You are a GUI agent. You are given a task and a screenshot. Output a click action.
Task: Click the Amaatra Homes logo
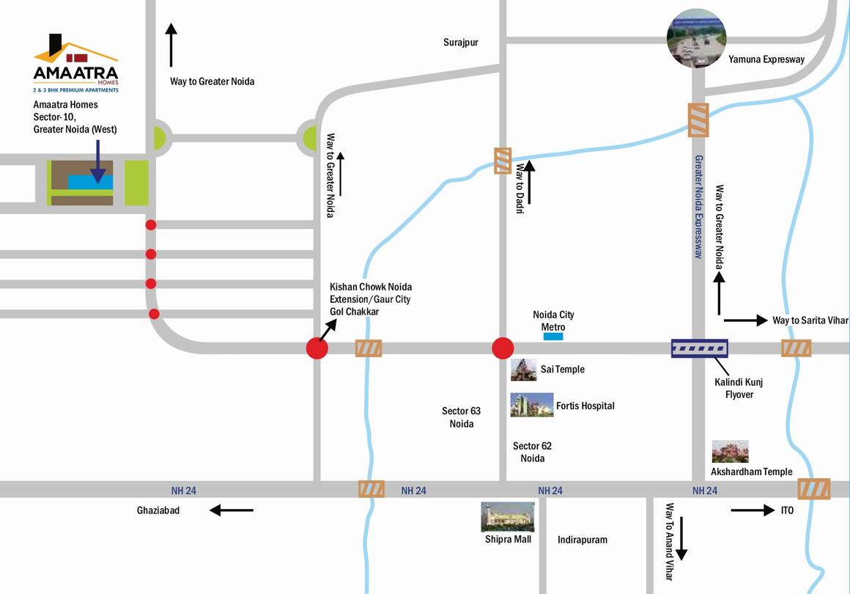point(75,63)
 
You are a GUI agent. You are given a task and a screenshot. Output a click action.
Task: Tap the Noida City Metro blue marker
point(553,337)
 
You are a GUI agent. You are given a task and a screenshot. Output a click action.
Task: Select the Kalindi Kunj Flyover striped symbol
point(700,348)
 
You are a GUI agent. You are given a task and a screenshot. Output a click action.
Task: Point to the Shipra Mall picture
point(507,517)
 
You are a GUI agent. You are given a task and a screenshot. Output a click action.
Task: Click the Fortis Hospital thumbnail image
point(531,405)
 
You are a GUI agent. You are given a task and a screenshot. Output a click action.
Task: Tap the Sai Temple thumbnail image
point(523,370)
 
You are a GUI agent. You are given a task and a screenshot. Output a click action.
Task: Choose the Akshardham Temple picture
point(730,452)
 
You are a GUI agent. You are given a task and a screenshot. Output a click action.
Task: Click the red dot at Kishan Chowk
point(317,349)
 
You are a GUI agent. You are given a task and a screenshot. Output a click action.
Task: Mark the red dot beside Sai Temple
point(502,348)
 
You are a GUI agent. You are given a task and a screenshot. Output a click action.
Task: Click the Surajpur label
point(460,43)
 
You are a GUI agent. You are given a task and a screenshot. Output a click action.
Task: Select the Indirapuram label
point(582,540)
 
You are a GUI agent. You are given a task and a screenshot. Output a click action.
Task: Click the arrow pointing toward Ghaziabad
point(232,510)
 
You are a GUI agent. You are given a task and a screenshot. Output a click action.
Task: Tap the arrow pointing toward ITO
point(753,510)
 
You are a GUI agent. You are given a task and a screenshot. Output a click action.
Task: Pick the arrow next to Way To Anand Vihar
point(681,538)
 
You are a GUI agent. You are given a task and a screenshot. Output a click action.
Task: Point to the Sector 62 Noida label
point(532,452)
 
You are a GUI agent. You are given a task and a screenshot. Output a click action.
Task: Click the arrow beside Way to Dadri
point(529,183)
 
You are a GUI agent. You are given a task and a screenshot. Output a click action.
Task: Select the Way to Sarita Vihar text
point(810,320)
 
